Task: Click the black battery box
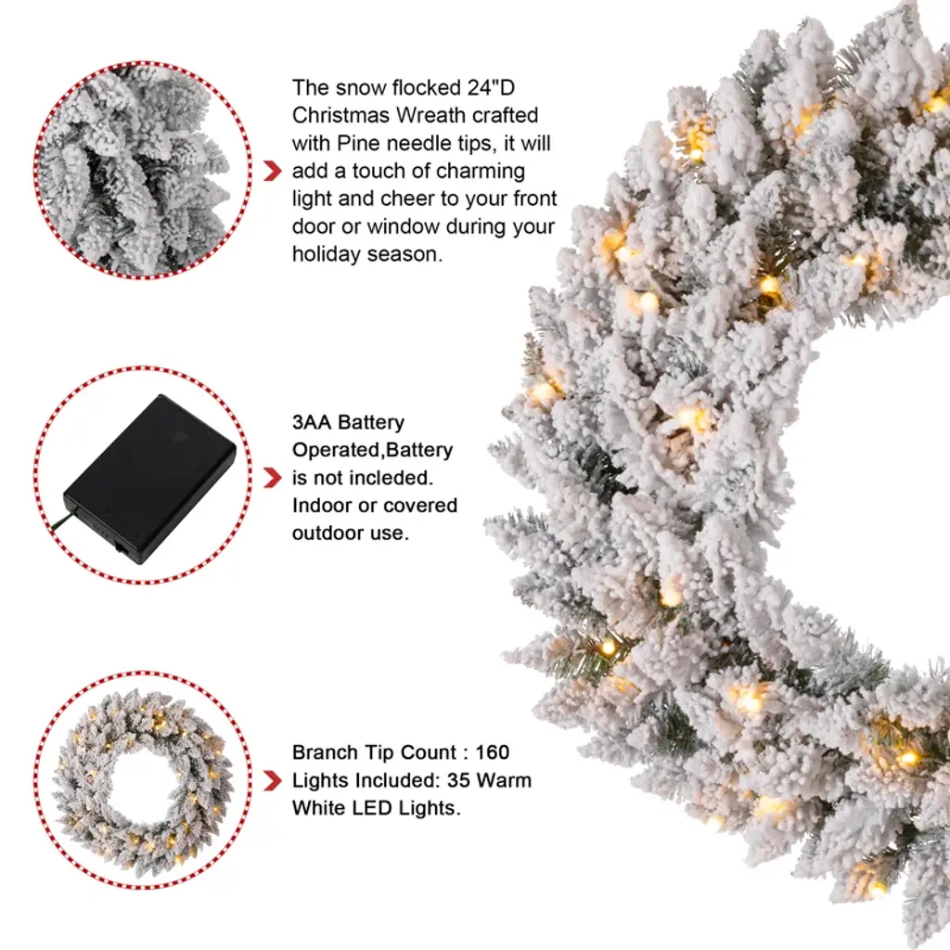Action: pyautogui.click(x=149, y=479)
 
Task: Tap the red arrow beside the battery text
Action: pyautogui.click(x=273, y=478)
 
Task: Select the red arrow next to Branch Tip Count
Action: pyautogui.click(x=273, y=781)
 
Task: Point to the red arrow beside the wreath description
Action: pyautogui.click(x=273, y=172)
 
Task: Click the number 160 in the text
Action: pyautogui.click(x=492, y=752)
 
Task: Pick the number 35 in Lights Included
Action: pyautogui.click(x=458, y=780)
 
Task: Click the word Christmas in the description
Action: pyautogui.click(x=341, y=115)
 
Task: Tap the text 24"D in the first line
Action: pyautogui.click(x=490, y=87)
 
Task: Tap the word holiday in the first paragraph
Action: pyautogui.click(x=326, y=254)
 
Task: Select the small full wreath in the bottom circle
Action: pyautogui.click(x=142, y=781)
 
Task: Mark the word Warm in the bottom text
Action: pyautogui.click(x=504, y=780)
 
